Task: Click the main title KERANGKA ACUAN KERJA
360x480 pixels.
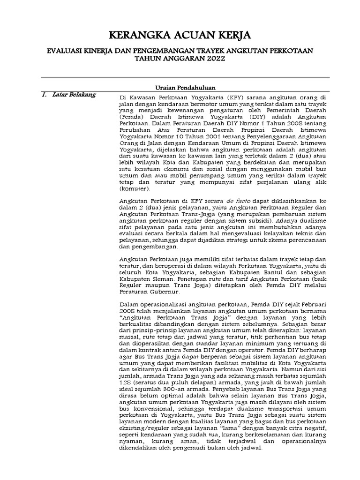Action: (180, 36)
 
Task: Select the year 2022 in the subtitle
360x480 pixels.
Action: (213, 59)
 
